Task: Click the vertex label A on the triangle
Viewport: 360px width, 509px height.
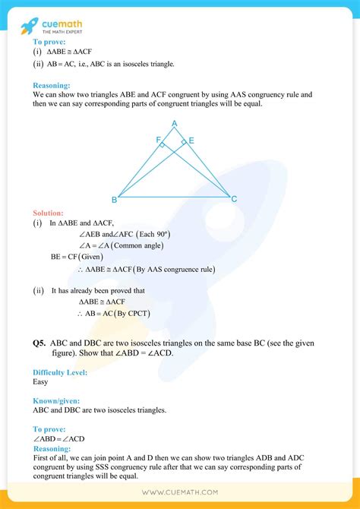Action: pos(174,124)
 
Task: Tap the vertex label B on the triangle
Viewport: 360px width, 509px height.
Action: pos(114,200)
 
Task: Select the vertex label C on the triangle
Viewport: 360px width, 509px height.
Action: pos(234,199)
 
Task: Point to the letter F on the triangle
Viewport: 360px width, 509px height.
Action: pos(158,141)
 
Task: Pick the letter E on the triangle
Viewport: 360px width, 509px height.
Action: pos(191,141)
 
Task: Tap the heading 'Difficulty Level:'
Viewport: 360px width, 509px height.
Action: pos(60,372)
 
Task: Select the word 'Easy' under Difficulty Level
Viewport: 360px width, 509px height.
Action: pos(41,382)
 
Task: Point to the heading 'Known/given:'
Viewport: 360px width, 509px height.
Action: pos(55,400)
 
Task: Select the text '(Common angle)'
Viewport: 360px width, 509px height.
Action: pos(137,245)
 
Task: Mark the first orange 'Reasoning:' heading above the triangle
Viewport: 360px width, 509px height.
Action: pos(52,86)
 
